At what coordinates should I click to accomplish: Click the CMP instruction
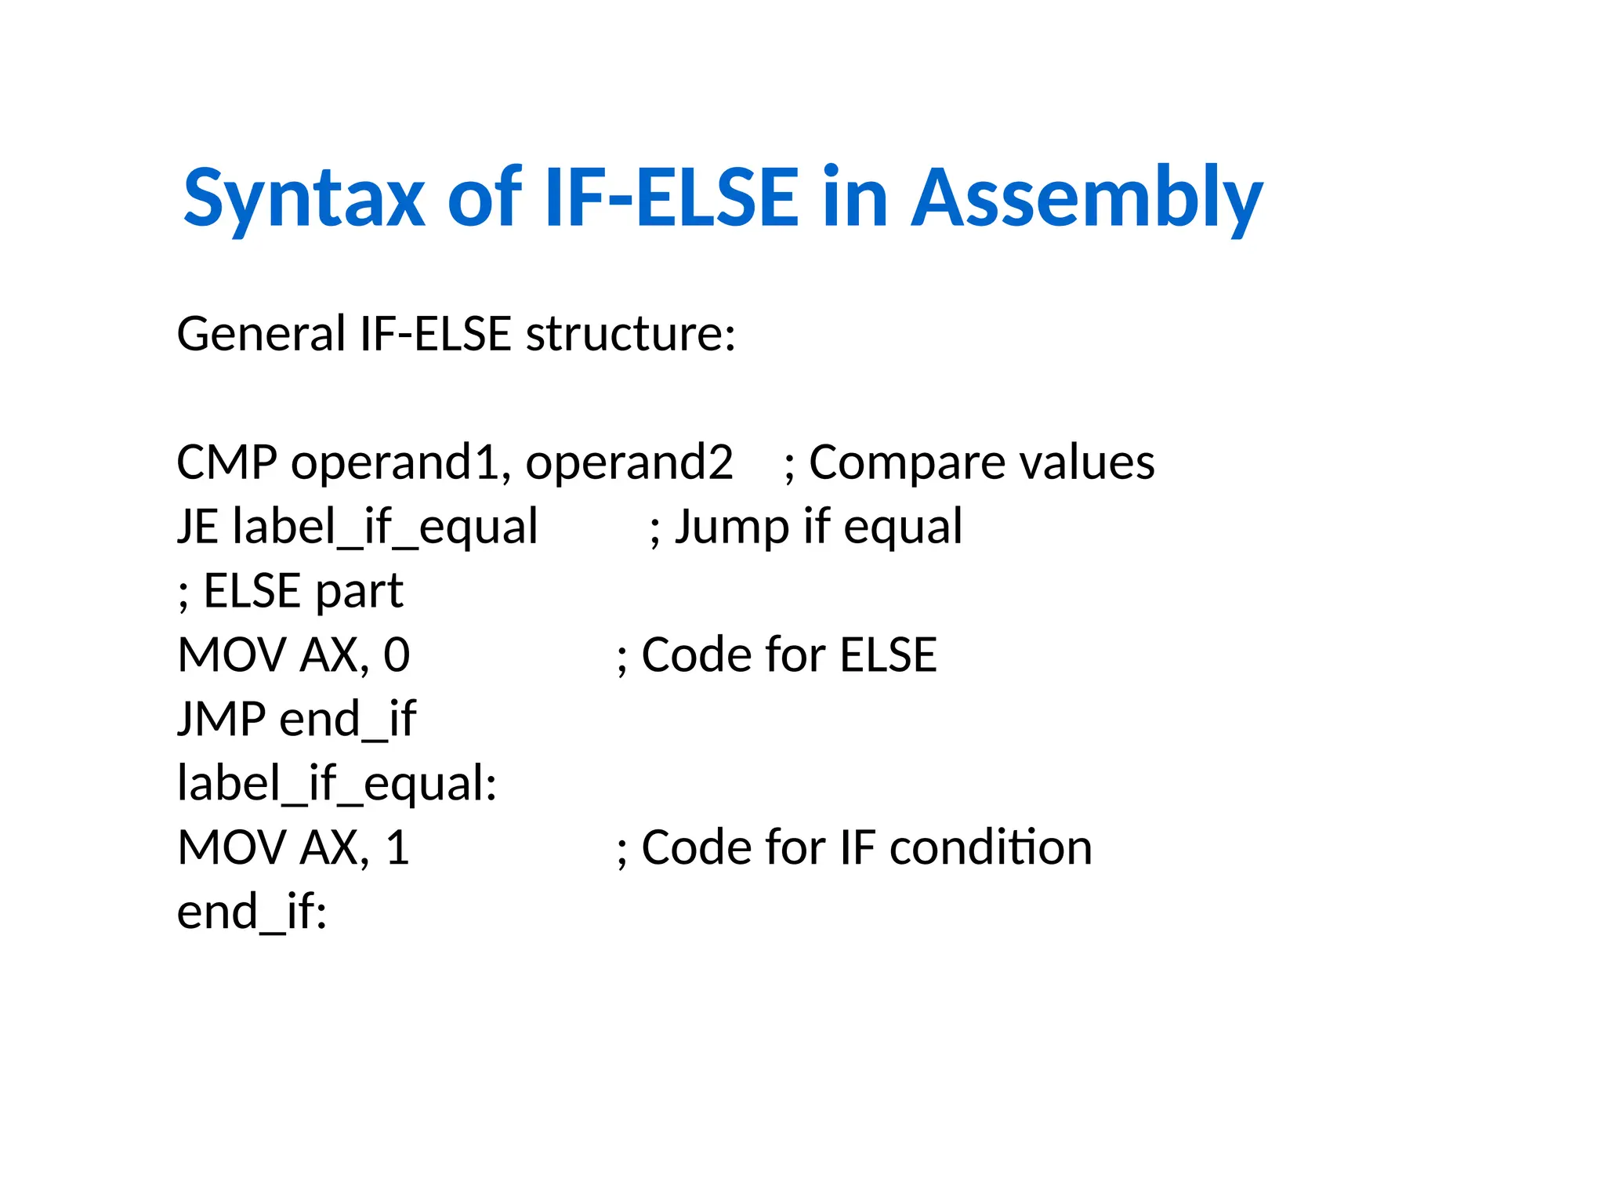point(226,462)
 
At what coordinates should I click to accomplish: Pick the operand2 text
point(629,462)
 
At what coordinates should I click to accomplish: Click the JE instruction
point(197,527)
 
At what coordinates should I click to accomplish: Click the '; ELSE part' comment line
point(291,591)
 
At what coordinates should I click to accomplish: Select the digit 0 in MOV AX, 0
point(397,655)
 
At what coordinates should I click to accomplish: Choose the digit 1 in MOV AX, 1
point(398,848)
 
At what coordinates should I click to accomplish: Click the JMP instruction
point(222,720)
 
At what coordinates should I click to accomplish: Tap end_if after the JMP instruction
point(347,720)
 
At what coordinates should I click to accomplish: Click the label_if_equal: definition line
point(337,784)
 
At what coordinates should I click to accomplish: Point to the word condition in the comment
point(991,848)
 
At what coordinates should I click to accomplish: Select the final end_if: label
point(252,912)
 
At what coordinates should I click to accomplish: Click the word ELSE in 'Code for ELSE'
point(888,655)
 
